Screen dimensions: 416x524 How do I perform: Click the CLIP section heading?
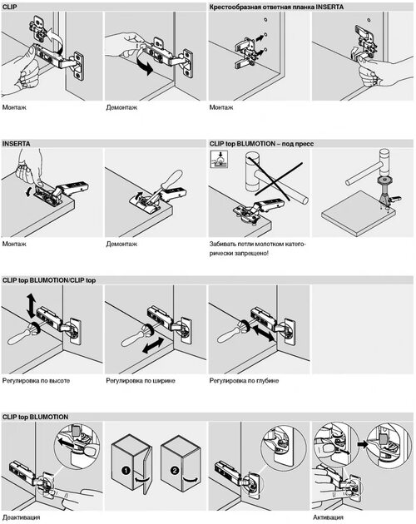[x=10, y=7]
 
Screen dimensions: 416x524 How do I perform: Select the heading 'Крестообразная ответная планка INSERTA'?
[x=276, y=7]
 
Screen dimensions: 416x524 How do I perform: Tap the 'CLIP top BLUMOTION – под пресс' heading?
[x=261, y=144]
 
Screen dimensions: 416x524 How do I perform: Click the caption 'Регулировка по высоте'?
[x=36, y=381]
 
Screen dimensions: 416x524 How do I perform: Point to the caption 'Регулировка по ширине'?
[x=141, y=381]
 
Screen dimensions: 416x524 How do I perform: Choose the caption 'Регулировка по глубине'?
[x=244, y=381]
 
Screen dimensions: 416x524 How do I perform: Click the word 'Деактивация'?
[x=21, y=517]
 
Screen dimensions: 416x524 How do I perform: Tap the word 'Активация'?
[x=328, y=517]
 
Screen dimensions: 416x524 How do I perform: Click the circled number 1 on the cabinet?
[x=126, y=471]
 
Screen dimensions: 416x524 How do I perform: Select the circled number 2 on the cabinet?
[x=175, y=471]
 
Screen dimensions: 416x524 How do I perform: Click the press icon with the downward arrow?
[x=219, y=160]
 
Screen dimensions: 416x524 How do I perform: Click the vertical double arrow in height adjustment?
[x=31, y=306]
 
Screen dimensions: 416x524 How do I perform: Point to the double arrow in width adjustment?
[x=153, y=345]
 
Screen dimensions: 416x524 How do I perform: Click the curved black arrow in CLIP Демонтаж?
[x=145, y=65]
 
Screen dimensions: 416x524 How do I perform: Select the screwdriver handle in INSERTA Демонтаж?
[x=171, y=181]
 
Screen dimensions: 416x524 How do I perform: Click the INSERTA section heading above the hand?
[x=16, y=144]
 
